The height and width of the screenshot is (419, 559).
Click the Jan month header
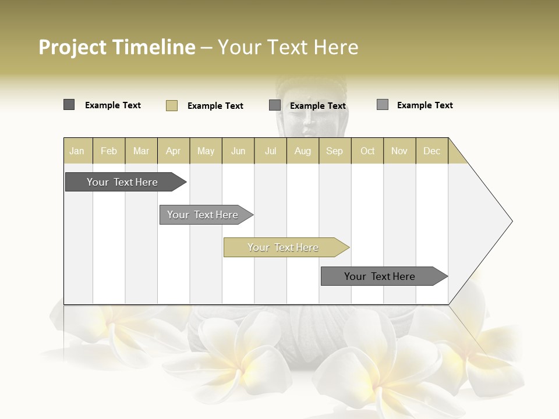click(77, 151)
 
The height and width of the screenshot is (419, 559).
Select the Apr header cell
click(174, 151)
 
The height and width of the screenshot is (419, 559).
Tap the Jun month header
click(238, 151)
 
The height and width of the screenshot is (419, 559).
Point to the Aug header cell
click(303, 151)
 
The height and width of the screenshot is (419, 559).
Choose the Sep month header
click(335, 151)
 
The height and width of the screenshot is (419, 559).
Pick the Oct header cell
click(367, 151)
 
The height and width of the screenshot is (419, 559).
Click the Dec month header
click(432, 151)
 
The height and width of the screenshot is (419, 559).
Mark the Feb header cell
click(109, 151)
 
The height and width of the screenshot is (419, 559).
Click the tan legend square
click(172, 105)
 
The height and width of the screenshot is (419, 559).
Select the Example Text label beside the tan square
click(215, 106)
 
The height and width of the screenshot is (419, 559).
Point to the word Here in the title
click(336, 47)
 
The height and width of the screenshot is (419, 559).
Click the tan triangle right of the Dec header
click(456, 155)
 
